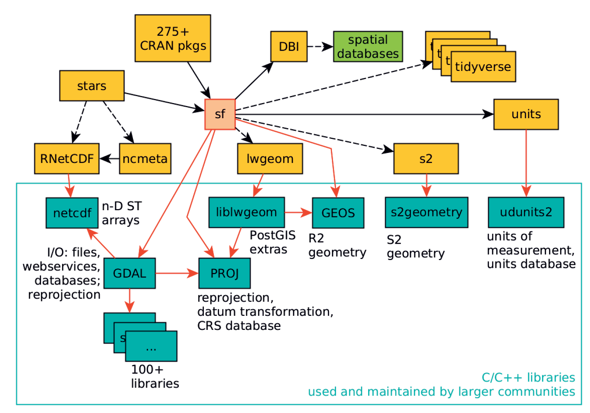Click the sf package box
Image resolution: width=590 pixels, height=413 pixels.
220,114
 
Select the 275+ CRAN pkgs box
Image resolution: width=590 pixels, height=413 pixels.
172,38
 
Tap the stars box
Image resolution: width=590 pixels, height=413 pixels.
92,86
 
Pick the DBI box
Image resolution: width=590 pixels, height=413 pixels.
289,47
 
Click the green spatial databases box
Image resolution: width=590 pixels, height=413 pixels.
368,47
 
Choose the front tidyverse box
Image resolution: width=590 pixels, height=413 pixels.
483,67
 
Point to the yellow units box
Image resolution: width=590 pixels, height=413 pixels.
526,114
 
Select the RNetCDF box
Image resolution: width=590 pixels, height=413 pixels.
67,158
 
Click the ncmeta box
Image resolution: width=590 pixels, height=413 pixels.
145,158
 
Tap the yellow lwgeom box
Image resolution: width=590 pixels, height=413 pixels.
270,158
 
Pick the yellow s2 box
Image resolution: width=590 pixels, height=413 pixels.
426,158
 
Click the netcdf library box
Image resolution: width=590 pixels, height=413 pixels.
72,213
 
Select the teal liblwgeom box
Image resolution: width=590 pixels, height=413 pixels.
246,212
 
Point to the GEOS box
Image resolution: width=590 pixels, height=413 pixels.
338,213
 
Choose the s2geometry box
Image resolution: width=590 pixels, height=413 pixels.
426,212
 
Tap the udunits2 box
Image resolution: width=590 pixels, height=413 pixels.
526,212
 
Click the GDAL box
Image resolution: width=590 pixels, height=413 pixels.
129,273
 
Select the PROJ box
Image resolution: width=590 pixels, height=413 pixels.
224,273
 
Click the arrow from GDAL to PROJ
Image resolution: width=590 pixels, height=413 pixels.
177,273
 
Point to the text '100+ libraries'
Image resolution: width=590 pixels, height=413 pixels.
155,376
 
